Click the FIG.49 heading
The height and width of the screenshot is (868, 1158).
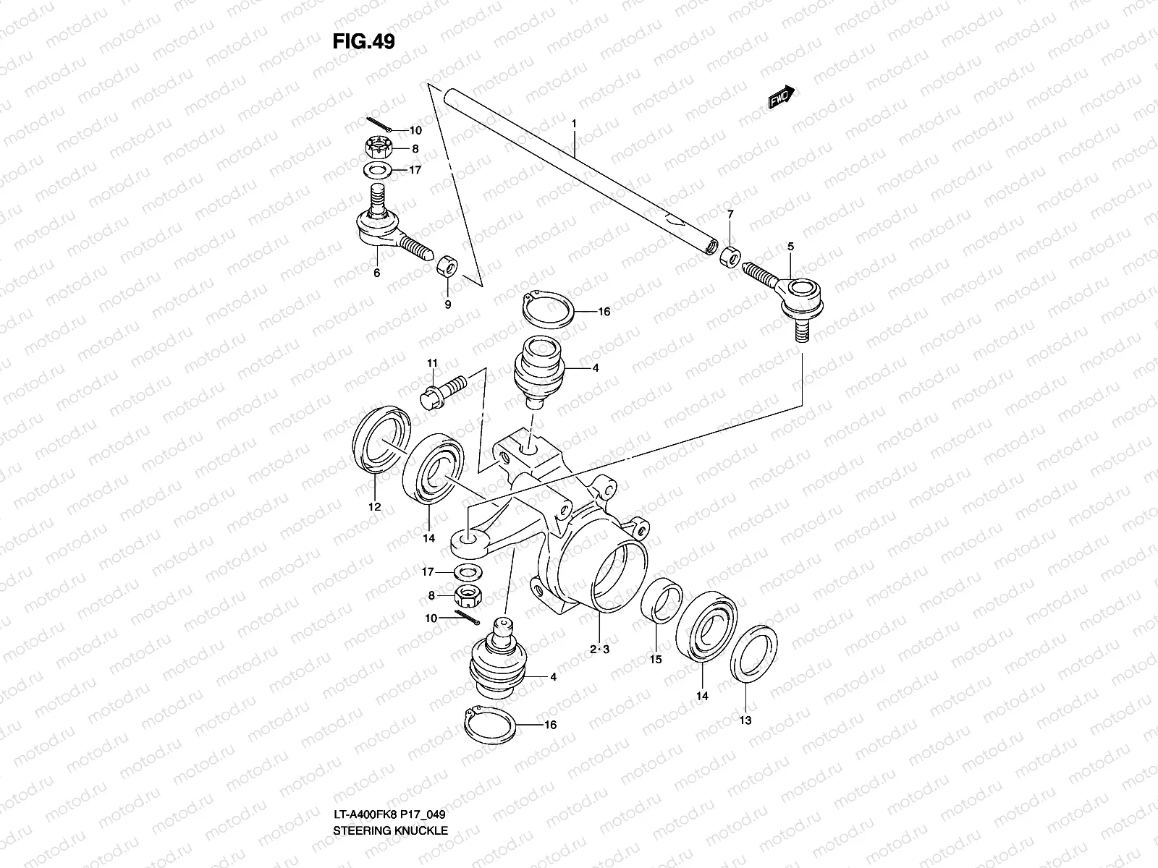tap(363, 41)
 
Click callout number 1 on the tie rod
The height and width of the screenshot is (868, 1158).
tap(573, 124)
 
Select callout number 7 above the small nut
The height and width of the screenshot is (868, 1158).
tap(730, 214)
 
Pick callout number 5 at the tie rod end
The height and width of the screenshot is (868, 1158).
tap(790, 247)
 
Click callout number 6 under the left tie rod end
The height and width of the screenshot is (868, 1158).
tap(376, 273)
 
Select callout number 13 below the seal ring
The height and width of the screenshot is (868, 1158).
tap(745, 720)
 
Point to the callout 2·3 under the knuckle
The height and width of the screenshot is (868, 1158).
tap(599, 650)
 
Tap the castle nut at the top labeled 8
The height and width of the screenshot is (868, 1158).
tap(380, 150)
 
